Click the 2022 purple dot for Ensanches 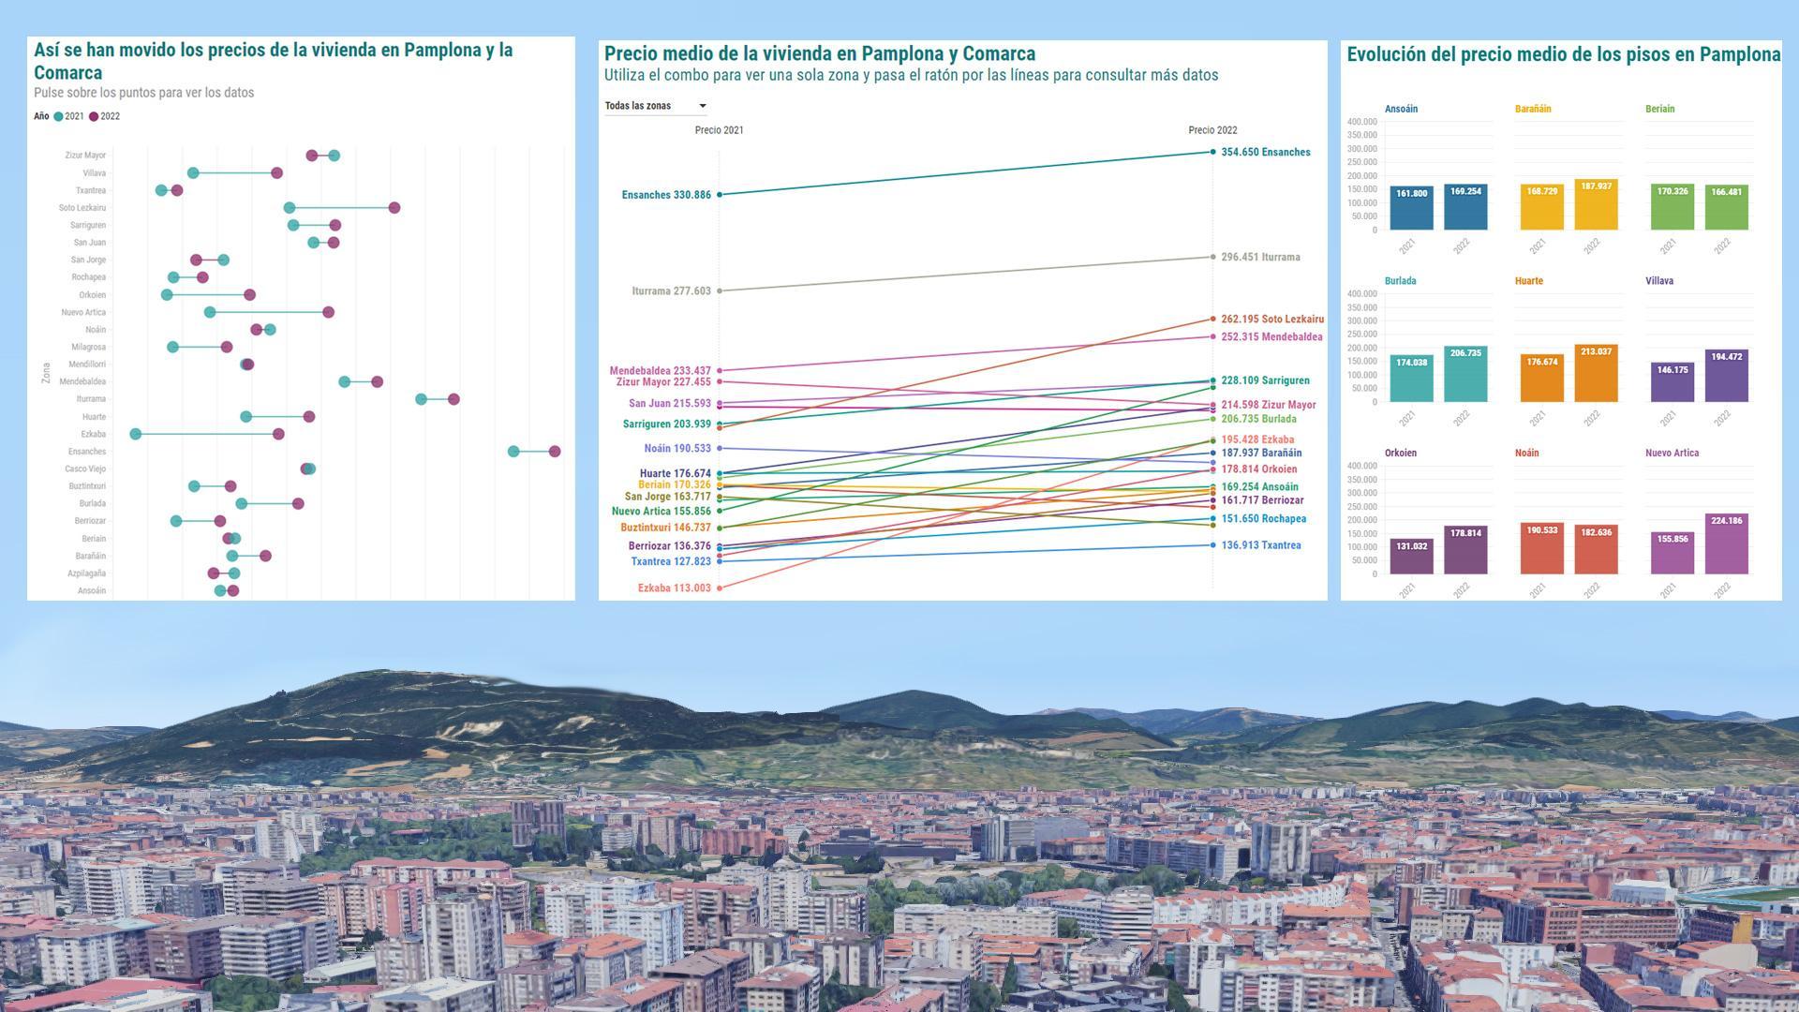[555, 452]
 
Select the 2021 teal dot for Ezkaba [136, 434]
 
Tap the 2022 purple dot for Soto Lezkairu [394, 208]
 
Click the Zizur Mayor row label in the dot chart [85, 156]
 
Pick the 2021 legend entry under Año [68, 117]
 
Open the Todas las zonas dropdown [656, 106]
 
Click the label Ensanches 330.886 [666, 195]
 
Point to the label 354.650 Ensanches [1265, 152]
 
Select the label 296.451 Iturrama [1260, 257]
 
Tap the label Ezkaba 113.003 [674, 588]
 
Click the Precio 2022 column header [1212, 130]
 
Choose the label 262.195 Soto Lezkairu [1271, 320]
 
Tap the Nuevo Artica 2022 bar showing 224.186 [1726, 543]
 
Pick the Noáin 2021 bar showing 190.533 [1541, 548]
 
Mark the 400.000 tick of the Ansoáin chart [1361, 122]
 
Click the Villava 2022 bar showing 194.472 [1726, 377]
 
